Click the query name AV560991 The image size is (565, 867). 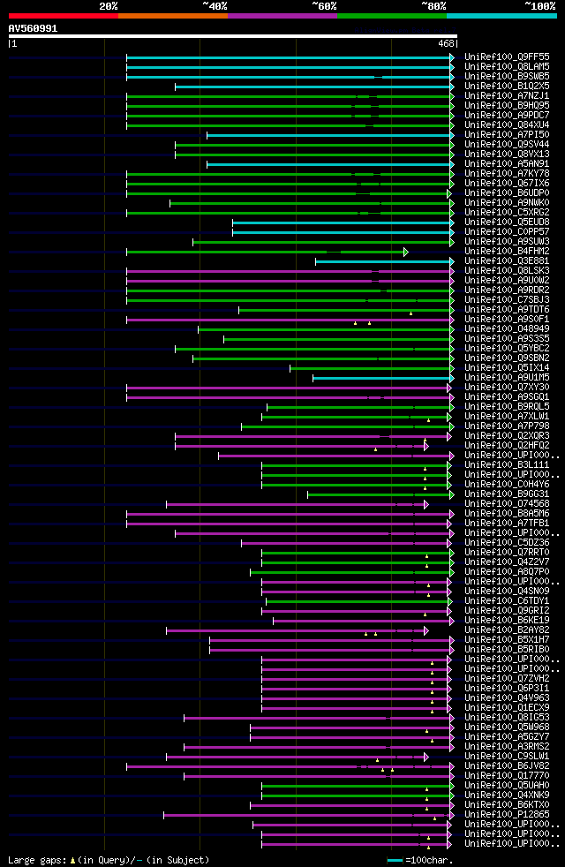coord(34,28)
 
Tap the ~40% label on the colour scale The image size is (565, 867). coord(215,6)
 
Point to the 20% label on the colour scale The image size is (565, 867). coord(108,6)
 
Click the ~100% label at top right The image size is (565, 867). coord(539,6)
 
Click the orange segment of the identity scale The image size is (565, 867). coord(172,16)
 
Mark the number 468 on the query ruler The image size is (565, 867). coord(446,43)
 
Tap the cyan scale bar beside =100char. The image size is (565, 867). coord(395,859)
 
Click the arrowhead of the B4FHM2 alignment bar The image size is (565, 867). coord(406,252)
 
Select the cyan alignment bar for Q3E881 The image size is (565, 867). coord(383,261)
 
